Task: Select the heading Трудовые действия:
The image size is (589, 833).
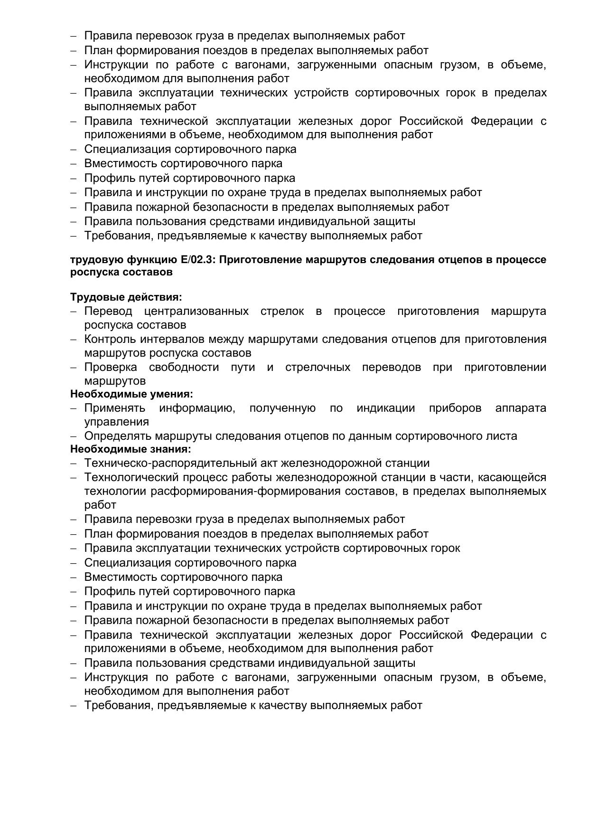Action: tap(126, 297)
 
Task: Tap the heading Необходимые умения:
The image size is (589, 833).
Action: tap(131, 394)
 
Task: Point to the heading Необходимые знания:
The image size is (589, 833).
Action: tap(131, 449)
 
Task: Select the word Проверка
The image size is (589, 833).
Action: tap(111, 368)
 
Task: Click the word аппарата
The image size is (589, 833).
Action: tap(521, 408)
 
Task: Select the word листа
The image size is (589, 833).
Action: tap(504, 436)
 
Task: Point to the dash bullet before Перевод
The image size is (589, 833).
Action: tap(74, 312)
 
